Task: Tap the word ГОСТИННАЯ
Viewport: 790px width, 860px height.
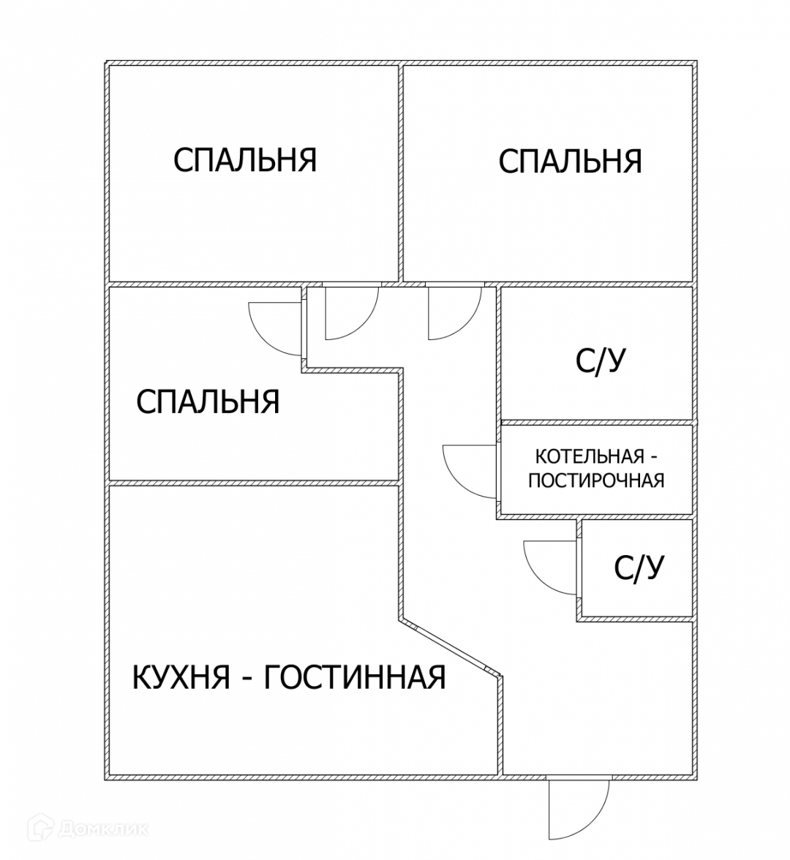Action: point(354,677)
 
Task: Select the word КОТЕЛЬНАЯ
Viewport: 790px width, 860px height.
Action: point(590,457)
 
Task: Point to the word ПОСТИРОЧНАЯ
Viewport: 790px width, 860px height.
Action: point(596,480)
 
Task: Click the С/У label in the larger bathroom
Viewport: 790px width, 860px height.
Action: point(601,361)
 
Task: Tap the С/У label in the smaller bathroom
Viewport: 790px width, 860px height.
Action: point(639,567)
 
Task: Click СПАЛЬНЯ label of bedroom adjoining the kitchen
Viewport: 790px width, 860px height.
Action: point(208,401)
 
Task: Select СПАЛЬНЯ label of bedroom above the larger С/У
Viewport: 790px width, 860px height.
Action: point(570,161)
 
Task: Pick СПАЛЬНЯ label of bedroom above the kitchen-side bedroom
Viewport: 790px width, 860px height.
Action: point(245,159)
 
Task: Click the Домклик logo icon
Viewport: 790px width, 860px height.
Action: point(43,829)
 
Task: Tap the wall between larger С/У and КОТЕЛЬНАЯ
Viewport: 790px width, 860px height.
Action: point(595,423)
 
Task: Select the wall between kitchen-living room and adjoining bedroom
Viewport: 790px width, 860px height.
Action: point(252,483)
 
